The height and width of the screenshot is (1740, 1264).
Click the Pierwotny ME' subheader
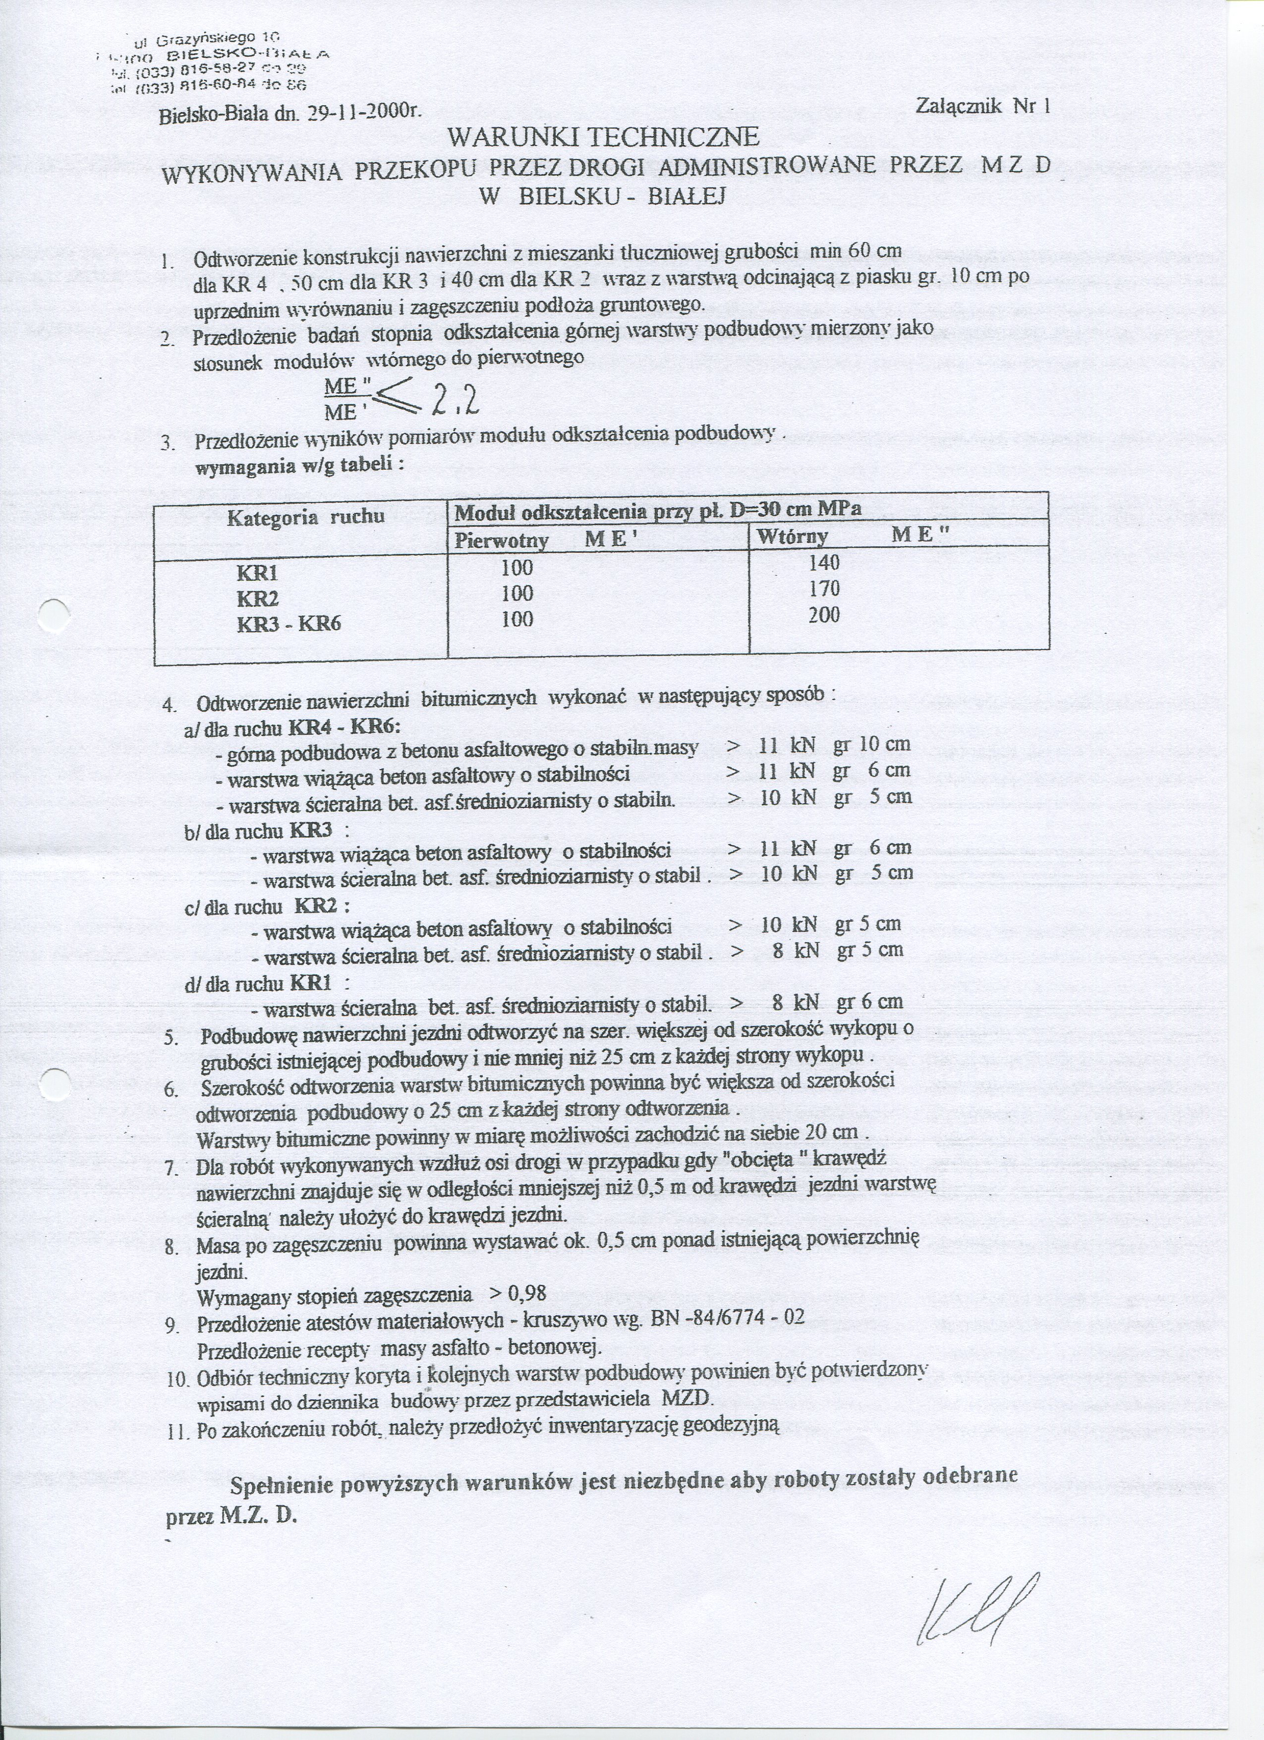click(x=546, y=540)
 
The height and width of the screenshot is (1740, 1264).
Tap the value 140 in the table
click(x=824, y=562)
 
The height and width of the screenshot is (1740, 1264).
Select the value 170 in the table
click(x=824, y=589)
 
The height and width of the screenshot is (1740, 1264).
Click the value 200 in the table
click(x=824, y=614)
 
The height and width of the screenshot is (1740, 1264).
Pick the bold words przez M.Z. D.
click(x=230, y=1495)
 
